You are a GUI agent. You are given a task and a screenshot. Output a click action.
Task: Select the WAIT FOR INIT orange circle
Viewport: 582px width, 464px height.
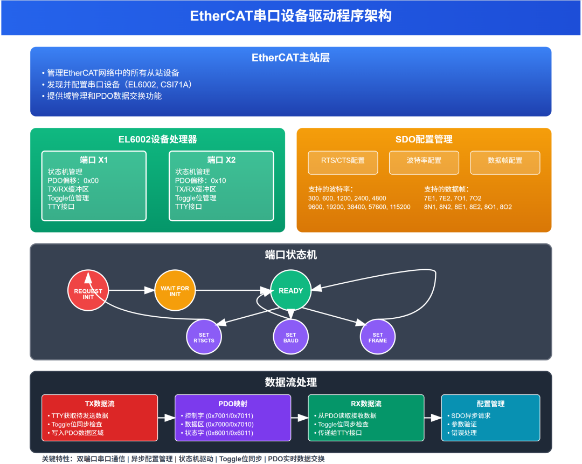(x=175, y=291)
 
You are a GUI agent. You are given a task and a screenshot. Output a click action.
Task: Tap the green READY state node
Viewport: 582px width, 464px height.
(x=290, y=291)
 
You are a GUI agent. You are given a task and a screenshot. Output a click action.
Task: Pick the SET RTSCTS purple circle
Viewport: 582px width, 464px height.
(x=204, y=337)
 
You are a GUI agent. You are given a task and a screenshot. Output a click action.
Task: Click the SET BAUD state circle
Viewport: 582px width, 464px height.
(x=291, y=337)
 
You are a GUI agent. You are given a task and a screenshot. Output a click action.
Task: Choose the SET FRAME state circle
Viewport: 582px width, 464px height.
(x=378, y=337)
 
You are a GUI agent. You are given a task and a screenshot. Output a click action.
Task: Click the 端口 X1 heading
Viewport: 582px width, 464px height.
(x=94, y=160)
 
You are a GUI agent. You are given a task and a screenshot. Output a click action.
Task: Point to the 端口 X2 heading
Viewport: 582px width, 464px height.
(x=221, y=160)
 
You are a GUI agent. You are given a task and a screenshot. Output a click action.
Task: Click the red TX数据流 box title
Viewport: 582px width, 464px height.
(x=100, y=404)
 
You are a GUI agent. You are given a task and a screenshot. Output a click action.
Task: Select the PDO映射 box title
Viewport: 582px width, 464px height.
(x=233, y=404)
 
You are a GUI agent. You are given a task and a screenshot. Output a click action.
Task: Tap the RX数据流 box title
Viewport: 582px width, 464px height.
(x=366, y=404)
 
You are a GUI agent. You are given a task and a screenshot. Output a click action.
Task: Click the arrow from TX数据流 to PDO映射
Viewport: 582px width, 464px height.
(x=166, y=418)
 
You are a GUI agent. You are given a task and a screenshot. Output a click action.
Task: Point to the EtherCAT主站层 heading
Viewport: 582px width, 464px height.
(x=290, y=58)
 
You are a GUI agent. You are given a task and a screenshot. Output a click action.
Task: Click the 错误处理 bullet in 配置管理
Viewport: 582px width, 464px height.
(x=463, y=433)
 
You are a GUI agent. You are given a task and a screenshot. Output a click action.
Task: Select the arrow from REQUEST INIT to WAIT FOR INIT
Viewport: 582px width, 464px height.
(x=131, y=291)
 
